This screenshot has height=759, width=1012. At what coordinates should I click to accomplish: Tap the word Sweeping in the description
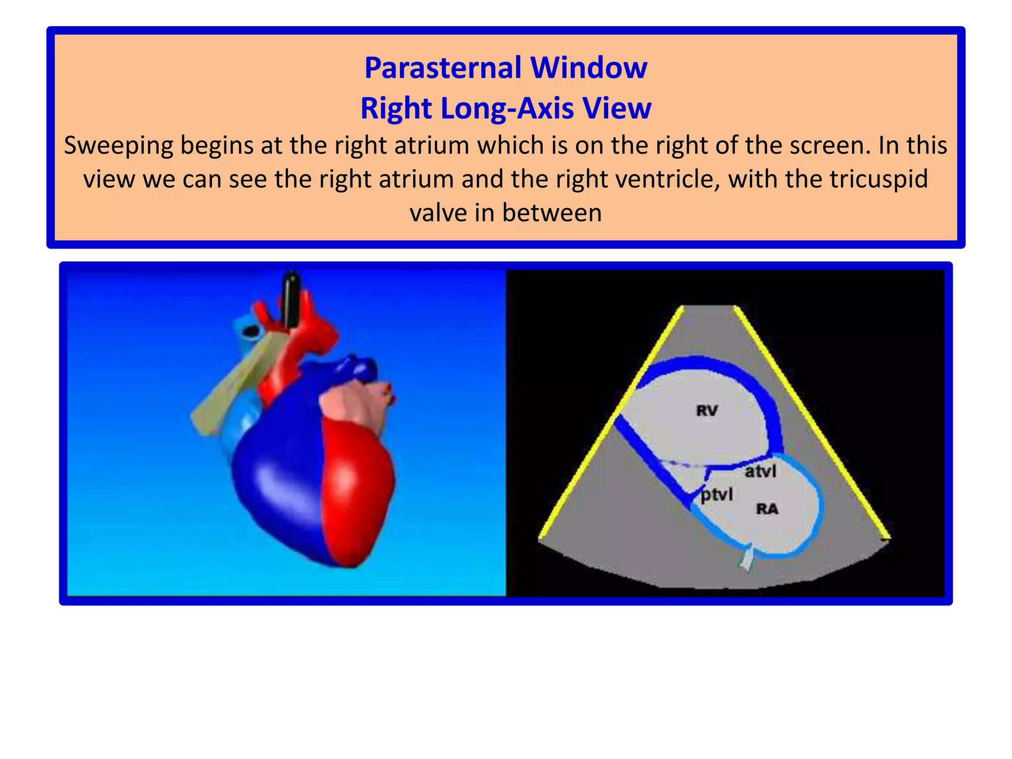[119, 146]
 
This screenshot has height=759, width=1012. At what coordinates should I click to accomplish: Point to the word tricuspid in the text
[879, 179]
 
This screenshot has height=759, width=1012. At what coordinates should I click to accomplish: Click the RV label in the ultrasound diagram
[707, 410]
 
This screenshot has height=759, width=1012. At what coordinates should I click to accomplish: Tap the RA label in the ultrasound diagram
[767, 508]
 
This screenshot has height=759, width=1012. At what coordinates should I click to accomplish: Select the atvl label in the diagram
[761, 471]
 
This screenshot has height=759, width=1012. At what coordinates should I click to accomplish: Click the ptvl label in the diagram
[717, 494]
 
